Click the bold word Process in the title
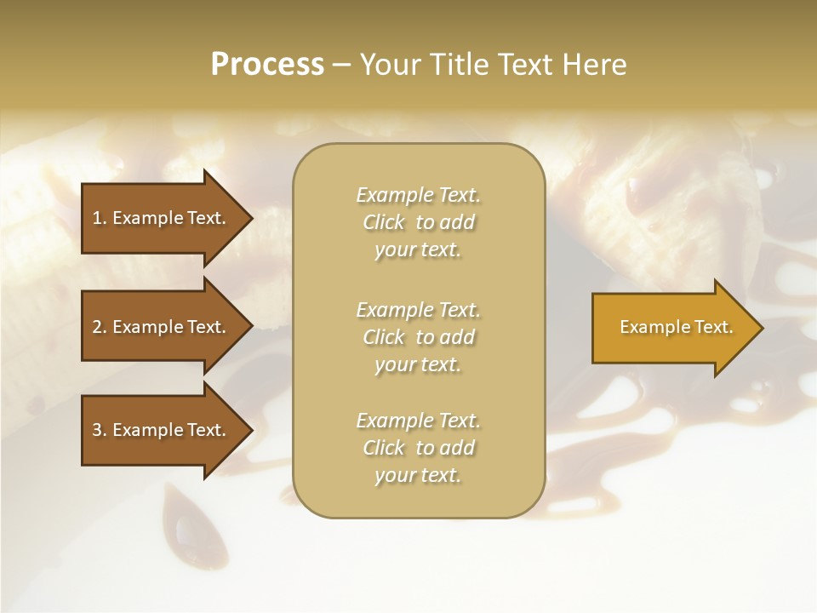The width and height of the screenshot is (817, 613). coord(267,65)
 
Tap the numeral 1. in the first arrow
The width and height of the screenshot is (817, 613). coord(99,218)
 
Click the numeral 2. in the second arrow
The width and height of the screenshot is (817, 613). coord(99,327)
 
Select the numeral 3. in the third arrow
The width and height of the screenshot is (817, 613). coord(99,430)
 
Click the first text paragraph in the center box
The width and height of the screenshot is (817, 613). coord(418,222)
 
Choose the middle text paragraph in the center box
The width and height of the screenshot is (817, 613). coord(418,337)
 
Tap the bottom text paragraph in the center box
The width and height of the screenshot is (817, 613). coord(418,448)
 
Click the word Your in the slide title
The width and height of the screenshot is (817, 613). coord(387,65)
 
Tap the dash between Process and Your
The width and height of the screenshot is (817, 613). coord(341,65)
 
